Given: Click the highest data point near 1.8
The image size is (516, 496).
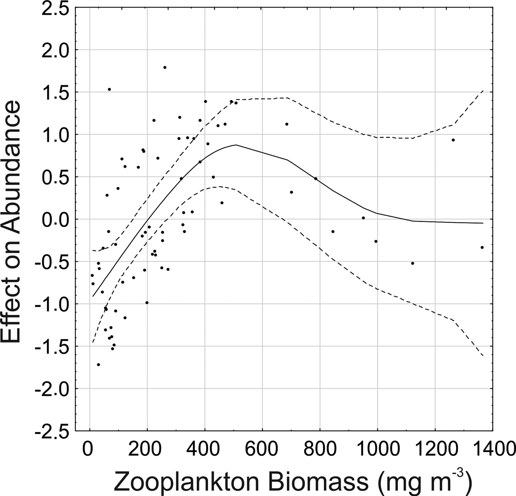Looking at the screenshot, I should pyautogui.click(x=165, y=67).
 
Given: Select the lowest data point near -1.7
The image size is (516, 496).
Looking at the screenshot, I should pyautogui.click(x=98, y=365).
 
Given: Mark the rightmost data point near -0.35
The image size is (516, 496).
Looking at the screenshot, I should pyautogui.click(x=482, y=248).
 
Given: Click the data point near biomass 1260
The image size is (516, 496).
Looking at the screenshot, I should pyautogui.click(x=453, y=140).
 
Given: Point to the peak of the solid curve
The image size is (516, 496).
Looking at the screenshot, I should pyautogui.click(x=236, y=145).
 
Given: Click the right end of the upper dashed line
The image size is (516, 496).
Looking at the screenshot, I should pyautogui.click(x=483, y=90).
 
